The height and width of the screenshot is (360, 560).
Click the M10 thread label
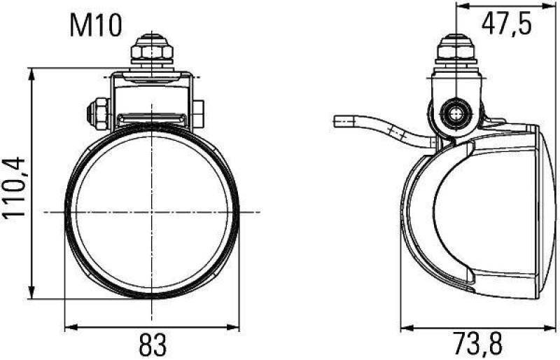tap(96, 26)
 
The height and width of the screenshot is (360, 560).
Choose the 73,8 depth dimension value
tap(479, 345)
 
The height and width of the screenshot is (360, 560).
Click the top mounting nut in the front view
tap(152, 50)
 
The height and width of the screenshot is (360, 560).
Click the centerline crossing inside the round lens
tap(152, 212)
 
